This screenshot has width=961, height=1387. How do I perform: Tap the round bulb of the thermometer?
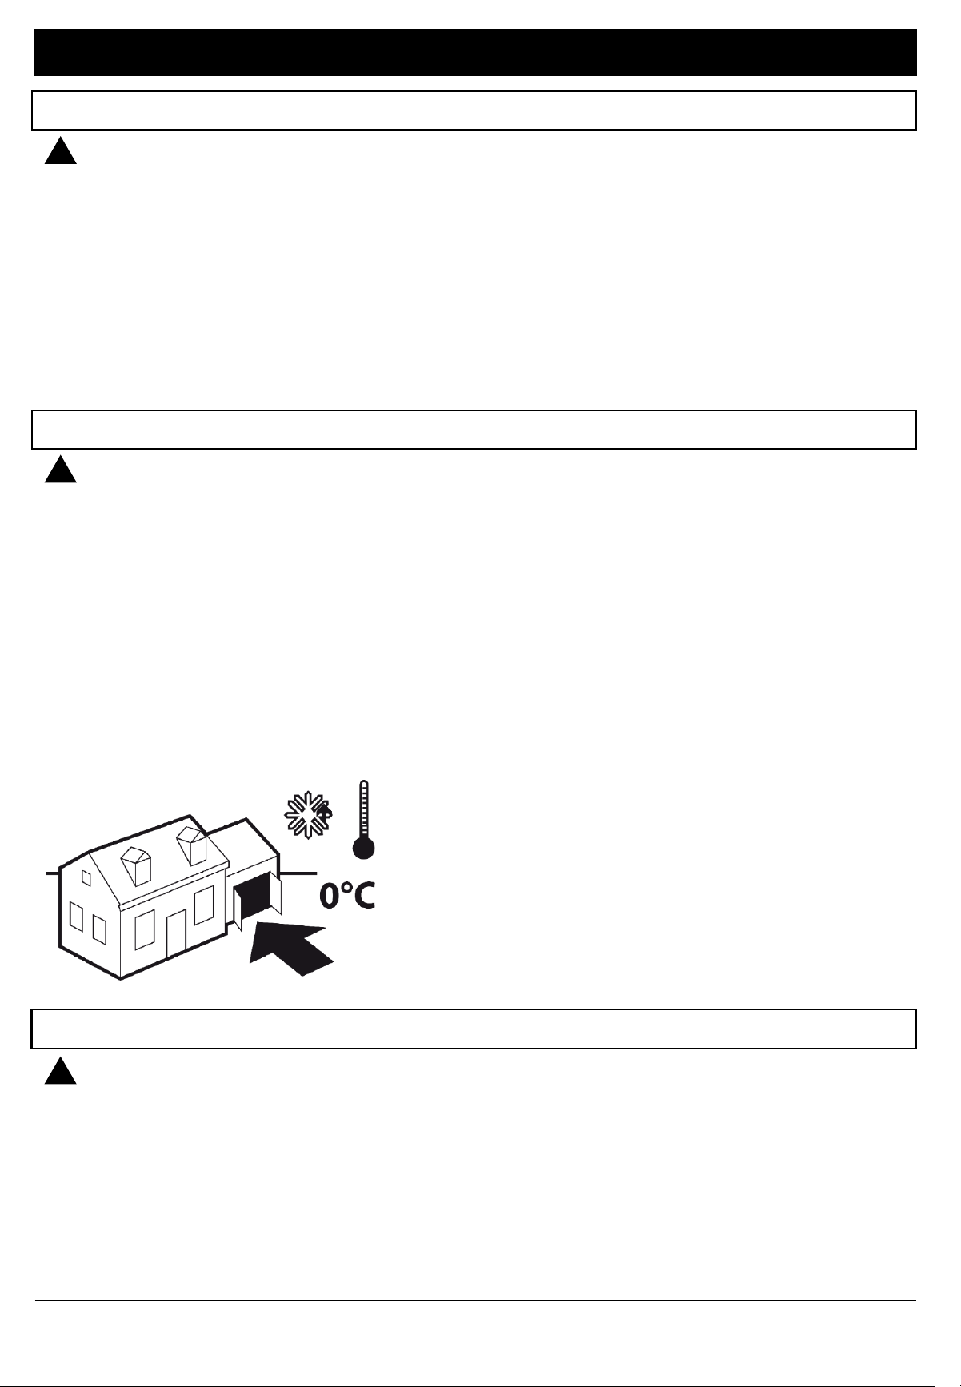tap(364, 848)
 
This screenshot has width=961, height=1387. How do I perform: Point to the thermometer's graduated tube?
tap(364, 808)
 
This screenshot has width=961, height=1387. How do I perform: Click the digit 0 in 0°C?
tap(331, 896)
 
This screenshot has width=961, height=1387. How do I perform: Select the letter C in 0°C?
tap(363, 896)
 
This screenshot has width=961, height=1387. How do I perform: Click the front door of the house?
tap(176, 935)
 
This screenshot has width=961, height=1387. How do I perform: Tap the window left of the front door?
tap(144, 929)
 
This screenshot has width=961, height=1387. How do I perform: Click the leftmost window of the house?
tap(76, 917)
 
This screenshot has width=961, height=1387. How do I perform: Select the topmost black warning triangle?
tap(60, 150)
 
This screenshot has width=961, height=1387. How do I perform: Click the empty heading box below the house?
tap(474, 1029)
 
